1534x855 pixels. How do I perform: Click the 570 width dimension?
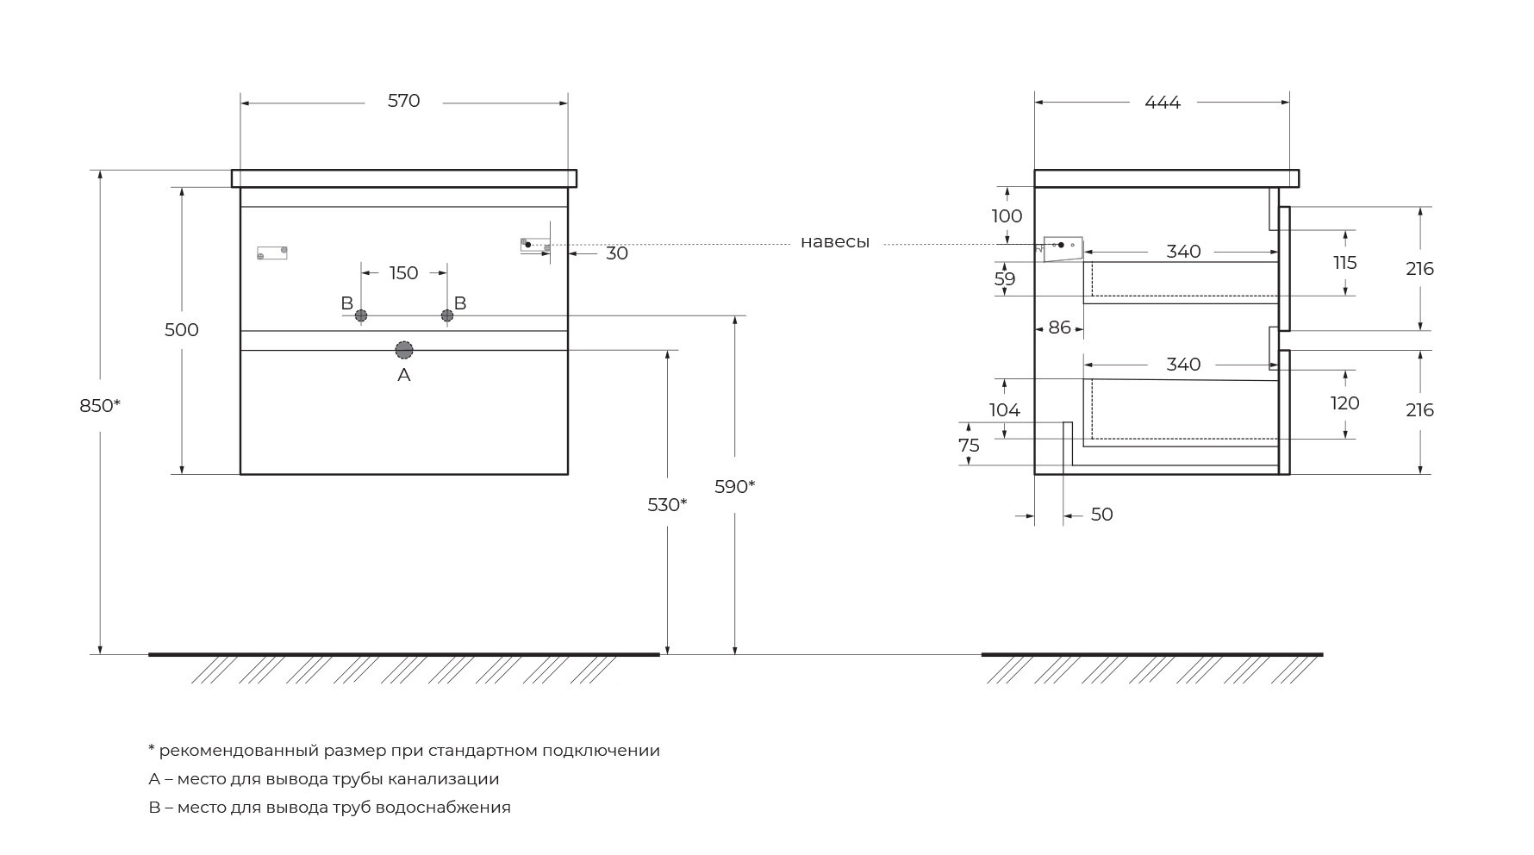click(x=403, y=101)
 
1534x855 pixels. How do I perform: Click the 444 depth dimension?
click(x=1163, y=103)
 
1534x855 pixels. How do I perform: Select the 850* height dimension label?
click(x=100, y=405)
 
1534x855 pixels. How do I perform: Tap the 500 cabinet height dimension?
click(x=182, y=330)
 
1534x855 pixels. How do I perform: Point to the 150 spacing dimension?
click(x=403, y=273)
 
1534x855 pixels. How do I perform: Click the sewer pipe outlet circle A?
click(x=403, y=350)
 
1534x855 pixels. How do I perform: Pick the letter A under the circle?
click(x=403, y=375)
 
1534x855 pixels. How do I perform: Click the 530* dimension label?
click(x=667, y=505)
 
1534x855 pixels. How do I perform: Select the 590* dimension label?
click(x=734, y=487)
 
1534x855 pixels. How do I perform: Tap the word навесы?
click(x=835, y=242)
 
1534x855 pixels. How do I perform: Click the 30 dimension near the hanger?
click(x=617, y=253)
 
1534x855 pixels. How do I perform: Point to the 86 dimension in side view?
click(x=1059, y=328)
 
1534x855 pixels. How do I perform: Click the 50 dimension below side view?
click(x=1102, y=515)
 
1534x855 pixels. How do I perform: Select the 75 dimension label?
click(x=970, y=446)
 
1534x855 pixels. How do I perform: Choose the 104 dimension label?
click(x=1005, y=410)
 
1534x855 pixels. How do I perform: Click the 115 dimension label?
click(x=1345, y=263)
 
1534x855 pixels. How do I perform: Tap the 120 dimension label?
click(x=1345, y=403)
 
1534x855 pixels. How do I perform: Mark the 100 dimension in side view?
click(x=1007, y=216)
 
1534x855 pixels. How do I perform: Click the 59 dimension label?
click(x=1005, y=279)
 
